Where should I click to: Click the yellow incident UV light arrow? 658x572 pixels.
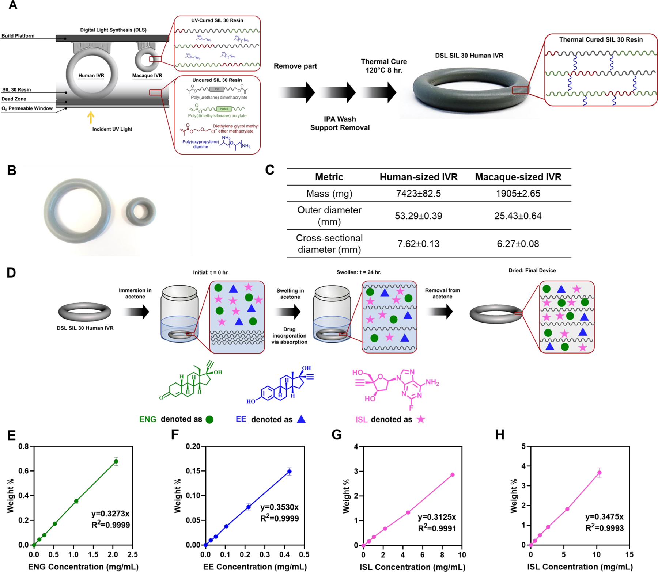click(x=91, y=117)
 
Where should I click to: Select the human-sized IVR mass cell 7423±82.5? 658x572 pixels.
click(x=418, y=194)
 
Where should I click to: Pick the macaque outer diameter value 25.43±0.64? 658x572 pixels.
click(x=518, y=216)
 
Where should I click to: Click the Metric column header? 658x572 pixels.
click(x=329, y=177)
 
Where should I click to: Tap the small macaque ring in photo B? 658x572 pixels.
click(x=141, y=211)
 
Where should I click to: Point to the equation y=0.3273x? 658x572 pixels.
click(x=110, y=514)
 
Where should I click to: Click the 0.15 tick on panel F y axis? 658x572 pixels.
click(x=193, y=471)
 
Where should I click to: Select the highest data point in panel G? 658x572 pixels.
click(x=453, y=475)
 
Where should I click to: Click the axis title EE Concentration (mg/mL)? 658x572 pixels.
click(x=255, y=567)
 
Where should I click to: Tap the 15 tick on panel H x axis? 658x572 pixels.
click(x=629, y=554)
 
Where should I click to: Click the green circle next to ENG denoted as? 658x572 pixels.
click(x=209, y=419)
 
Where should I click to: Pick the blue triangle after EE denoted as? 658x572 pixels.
click(x=301, y=419)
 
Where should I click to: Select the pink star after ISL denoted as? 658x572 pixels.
click(x=421, y=419)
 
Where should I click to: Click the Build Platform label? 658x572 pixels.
click(x=18, y=36)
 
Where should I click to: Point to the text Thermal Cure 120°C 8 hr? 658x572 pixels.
click(x=383, y=66)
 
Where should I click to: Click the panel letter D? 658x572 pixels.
click(x=11, y=273)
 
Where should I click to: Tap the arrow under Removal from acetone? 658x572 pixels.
click(x=442, y=312)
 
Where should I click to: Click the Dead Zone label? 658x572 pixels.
click(x=14, y=99)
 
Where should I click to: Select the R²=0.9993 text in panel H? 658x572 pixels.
click(x=604, y=528)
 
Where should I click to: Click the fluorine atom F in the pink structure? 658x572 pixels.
click(x=411, y=408)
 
